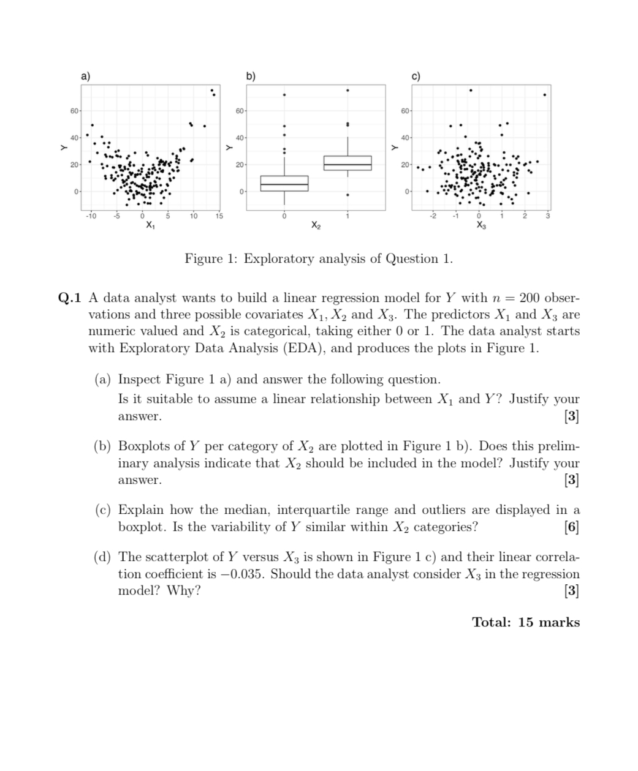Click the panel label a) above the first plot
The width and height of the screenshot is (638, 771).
click(x=85, y=77)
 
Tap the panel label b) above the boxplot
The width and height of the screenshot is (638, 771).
click(x=251, y=77)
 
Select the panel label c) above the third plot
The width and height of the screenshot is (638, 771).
click(x=416, y=77)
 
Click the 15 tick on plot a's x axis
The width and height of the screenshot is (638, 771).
click(x=219, y=216)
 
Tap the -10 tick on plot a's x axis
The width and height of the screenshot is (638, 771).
click(x=91, y=216)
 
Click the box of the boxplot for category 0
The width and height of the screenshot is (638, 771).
click(x=284, y=184)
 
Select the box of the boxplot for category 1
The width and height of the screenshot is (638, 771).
click(x=347, y=163)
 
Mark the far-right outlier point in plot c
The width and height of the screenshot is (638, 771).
click(x=545, y=94)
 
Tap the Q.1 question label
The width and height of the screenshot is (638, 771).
click(x=69, y=298)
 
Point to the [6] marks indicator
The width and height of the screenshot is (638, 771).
click(x=571, y=527)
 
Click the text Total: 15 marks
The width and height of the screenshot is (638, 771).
click(x=525, y=622)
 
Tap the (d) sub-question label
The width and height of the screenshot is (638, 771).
click(x=102, y=557)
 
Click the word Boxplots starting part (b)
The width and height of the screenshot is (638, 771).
click(x=142, y=446)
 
